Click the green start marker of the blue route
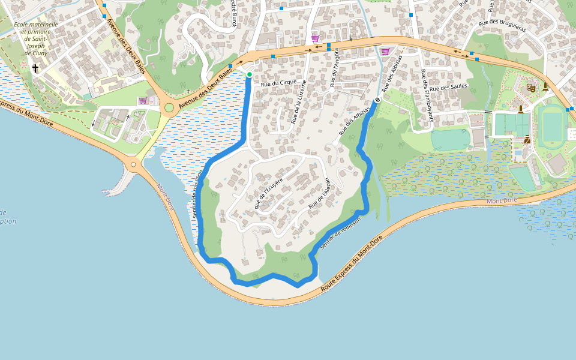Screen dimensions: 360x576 pos(250,74)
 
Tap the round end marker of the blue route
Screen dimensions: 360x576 pos(378,100)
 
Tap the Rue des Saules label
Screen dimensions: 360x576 pos(449,87)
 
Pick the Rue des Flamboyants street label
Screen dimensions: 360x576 pos(427,100)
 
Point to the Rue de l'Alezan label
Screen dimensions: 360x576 pos(319,193)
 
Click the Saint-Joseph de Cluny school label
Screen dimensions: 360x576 pos(36,38)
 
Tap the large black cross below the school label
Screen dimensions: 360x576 pos(35,68)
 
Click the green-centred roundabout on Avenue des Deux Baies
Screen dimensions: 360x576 pos(169,108)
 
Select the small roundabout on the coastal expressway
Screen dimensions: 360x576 pos(133,164)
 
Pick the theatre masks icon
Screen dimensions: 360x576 pos(530,88)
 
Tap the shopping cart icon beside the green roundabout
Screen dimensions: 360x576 pos(143,100)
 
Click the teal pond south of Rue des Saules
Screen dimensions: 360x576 pos(450,140)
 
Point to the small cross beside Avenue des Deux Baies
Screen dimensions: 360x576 pos(188,91)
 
